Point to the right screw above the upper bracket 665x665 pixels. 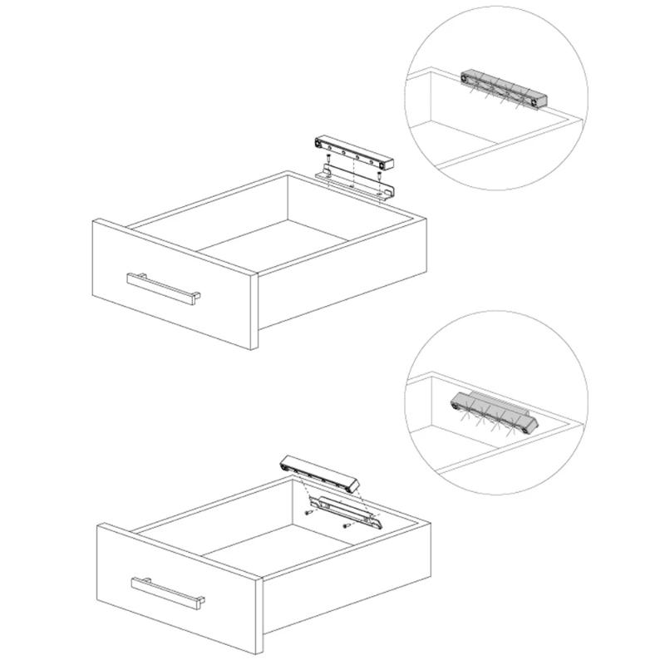click(x=379, y=175)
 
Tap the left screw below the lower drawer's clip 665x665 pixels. click(x=308, y=512)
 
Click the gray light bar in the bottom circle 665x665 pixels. click(x=495, y=411)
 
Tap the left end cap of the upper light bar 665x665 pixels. click(x=318, y=143)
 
